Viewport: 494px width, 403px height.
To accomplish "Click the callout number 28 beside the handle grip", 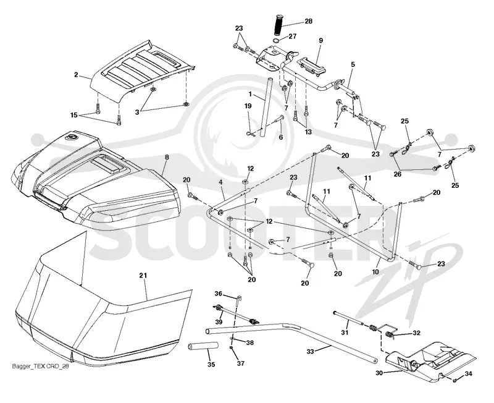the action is pos(308,21).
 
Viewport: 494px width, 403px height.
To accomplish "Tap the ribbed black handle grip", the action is pos(279,25).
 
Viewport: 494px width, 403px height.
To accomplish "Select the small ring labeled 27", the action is pos(276,41).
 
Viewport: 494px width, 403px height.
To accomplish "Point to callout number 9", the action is pos(320,40).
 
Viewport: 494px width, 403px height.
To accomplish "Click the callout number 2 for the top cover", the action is pos(76,75).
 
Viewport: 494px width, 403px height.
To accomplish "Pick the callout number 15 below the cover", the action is pos(73,115).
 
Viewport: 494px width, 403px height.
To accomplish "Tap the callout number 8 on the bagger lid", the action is pos(167,157).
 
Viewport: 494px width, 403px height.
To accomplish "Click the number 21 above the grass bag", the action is pos(143,275).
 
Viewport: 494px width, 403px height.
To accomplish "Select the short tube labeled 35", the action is pos(204,347).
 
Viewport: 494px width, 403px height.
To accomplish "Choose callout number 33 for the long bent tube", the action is pos(311,351).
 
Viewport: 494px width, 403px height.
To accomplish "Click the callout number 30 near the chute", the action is pos(379,373).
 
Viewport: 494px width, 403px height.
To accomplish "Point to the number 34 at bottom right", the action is pos(469,374).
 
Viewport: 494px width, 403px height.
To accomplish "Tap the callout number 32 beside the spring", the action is pos(416,333).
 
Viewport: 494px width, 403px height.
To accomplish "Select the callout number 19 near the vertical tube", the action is pos(248,106).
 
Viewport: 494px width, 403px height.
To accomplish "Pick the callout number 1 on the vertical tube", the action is pos(250,94).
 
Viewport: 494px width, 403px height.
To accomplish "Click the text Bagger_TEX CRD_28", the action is pos(40,367).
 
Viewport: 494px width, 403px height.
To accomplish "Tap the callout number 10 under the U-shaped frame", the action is pos(375,271).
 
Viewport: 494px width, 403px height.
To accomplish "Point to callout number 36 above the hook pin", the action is pos(219,294).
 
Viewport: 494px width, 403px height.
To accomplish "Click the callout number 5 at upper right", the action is pos(353,64).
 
